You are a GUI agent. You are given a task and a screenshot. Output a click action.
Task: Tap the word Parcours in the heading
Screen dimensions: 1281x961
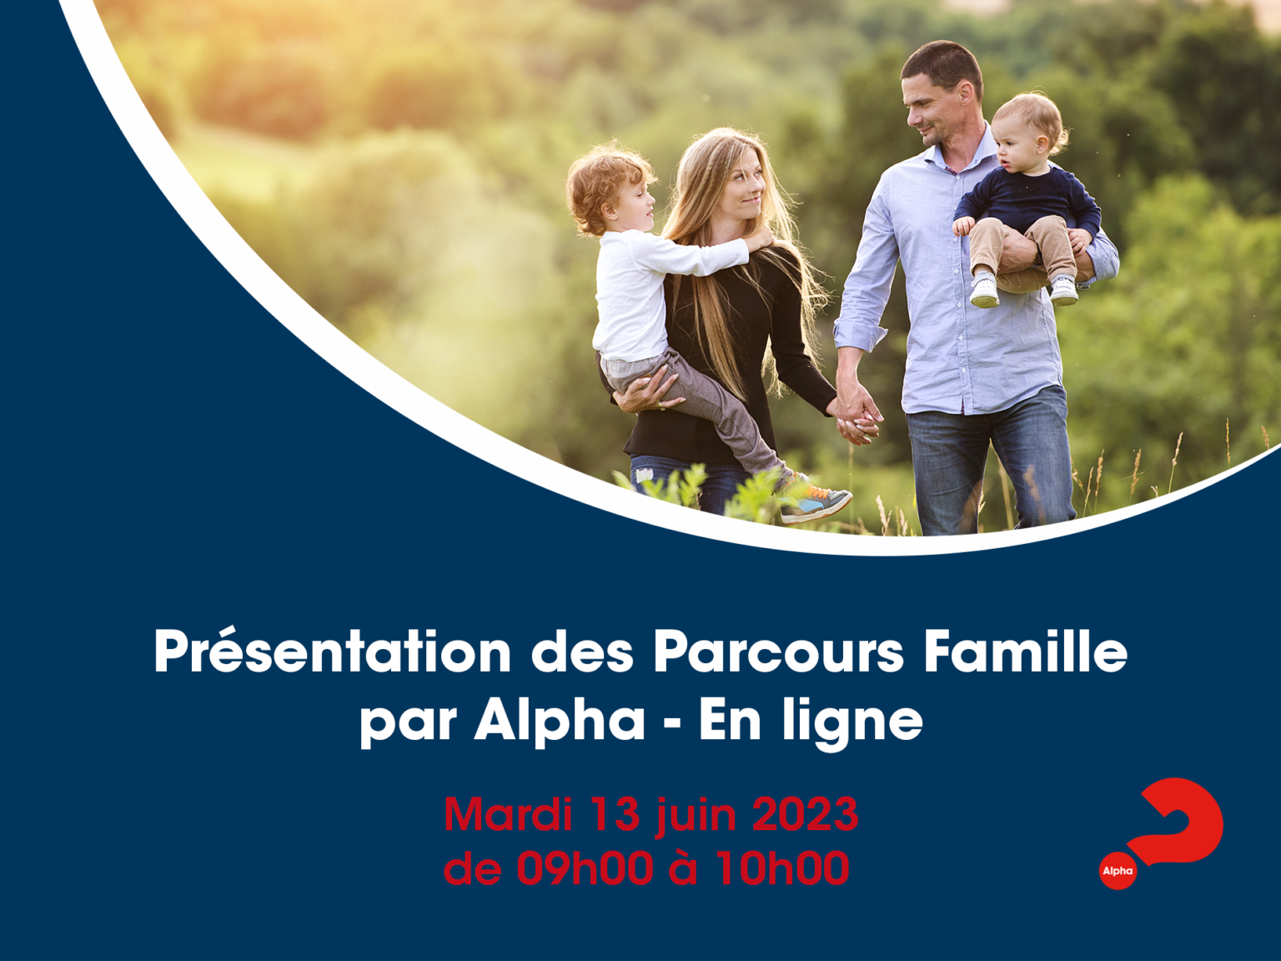click(778, 653)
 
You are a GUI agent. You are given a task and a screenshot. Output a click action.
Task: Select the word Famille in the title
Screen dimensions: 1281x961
click(1025, 652)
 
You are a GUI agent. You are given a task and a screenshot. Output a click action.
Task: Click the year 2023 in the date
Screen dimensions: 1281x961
click(806, 814)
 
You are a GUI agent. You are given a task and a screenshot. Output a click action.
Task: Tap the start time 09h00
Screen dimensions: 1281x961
click(585, 868)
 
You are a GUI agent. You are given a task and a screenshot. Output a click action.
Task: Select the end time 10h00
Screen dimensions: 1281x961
click(782, 868)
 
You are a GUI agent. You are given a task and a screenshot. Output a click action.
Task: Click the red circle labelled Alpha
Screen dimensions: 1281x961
click(1118, 871)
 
